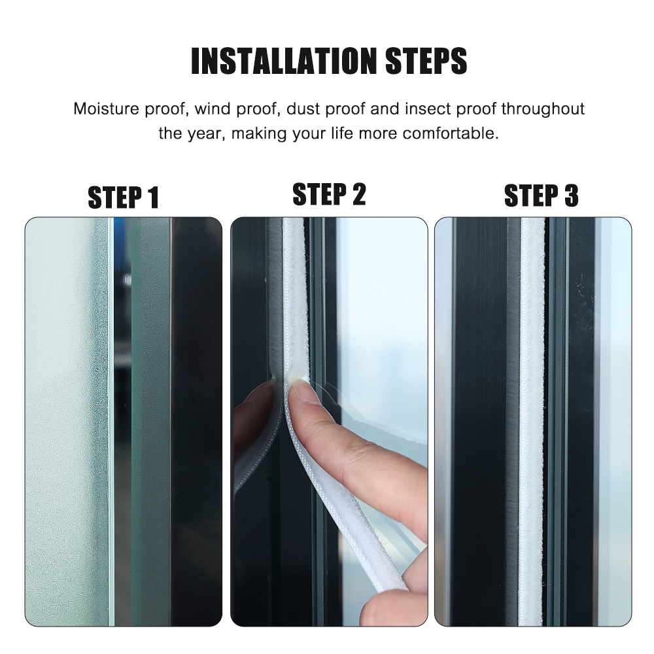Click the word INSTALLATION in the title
pos(284,60)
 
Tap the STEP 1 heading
pos(123,198)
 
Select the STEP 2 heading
pos(329,195)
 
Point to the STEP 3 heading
pos(541,196)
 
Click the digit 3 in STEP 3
pos(570,196)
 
